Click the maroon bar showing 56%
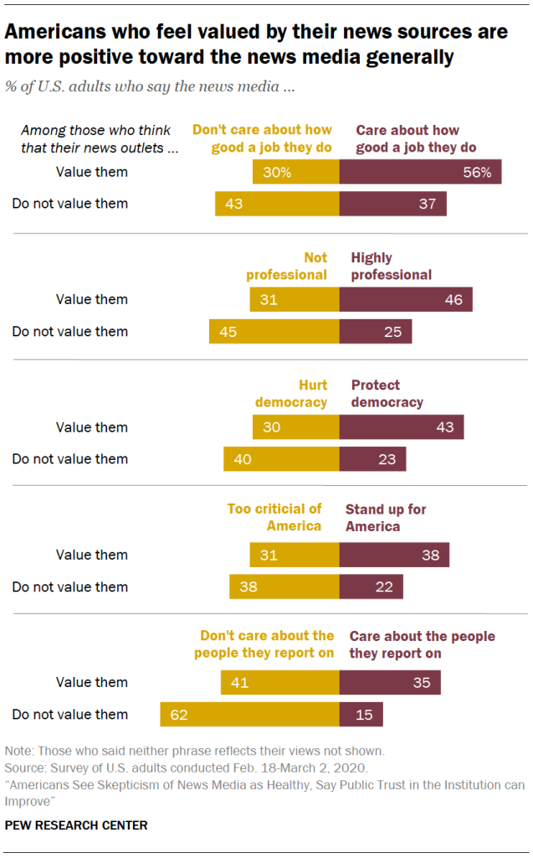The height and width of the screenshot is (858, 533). click(420, 172)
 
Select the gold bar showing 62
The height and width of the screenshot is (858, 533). click(249, 714)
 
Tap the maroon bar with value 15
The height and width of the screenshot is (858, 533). click(361, 714)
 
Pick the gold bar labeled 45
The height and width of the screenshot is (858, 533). click(274, 331)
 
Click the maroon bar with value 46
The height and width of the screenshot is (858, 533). click(406, 299)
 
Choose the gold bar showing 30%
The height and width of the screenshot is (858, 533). click(295, 172)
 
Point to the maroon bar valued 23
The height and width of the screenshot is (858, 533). click(372, 458)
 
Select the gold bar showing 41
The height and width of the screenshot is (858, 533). click(279, 682)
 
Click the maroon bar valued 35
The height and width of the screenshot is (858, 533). click(390, 682)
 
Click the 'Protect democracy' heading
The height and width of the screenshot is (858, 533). click(387, 394)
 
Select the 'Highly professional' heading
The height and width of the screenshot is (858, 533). click(391, 266)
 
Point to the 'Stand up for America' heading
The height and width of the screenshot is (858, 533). click(386, 518)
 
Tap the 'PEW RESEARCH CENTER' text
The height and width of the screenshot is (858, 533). click(76, 825)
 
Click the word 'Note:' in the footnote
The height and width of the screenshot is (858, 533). click(20, 751)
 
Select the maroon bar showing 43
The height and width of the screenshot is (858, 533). click(401, 426)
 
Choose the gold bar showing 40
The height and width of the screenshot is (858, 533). click(281, 458)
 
